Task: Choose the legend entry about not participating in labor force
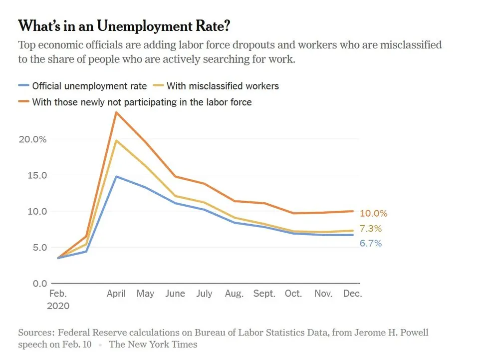[142, 102]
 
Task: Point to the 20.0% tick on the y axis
[33, 139]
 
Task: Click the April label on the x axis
[116, 294]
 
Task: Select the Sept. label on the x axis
[263, 294]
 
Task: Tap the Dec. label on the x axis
[352, 294]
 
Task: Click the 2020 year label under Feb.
[58, 306]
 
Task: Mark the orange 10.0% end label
[373, 213]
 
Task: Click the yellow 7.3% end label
[371, 229]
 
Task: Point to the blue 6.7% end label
[371, 243]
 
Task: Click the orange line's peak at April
[116, 112]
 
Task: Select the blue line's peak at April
[116, 176]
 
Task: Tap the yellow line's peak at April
[116, 140]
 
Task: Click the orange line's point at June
[175, 176]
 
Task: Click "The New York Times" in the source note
[153, 345]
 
